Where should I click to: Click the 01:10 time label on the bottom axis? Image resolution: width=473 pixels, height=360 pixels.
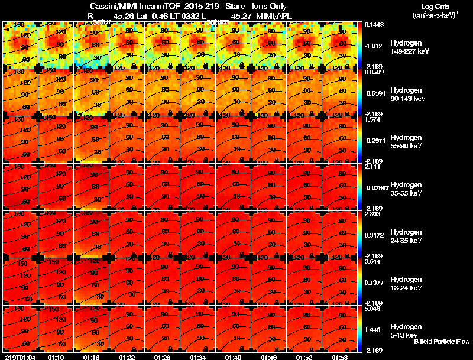tap(56, 357)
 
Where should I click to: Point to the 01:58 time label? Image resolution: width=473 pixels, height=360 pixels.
tap(340, 357)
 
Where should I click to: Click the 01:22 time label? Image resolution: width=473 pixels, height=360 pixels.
tap(127, 357)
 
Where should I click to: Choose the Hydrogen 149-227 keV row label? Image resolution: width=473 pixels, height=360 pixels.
tap(405, 48)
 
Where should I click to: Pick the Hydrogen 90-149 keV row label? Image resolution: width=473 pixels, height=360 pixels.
tap(405, 95)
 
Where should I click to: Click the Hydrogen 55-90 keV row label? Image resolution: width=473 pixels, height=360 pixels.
tap(405, 142)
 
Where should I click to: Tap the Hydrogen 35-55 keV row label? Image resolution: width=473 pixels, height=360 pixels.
tap(405, 189)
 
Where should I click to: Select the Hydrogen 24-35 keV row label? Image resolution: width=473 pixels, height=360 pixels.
tap(405, 236)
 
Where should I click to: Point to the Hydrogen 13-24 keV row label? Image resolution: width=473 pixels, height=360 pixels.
tap(405, 284)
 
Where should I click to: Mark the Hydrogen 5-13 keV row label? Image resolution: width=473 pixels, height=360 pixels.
tap(405, 330)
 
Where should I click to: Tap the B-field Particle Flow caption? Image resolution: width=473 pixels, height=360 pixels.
tap(441, 342)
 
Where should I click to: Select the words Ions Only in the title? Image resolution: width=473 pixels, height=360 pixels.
tap(270, 6)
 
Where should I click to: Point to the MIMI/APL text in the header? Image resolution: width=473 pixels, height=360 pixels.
tap(278, 16)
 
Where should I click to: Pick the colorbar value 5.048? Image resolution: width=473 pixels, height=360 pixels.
tap(372, 309)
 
